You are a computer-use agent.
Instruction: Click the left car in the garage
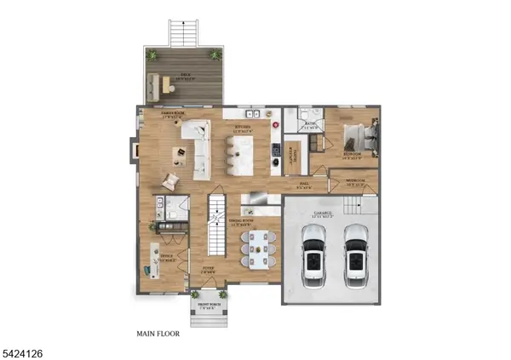pyautogui.click(x=314, y=258)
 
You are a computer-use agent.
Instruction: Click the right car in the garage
pyautogui.click(x=355, y=258)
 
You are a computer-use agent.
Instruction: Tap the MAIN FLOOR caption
pyautogui.click(x=158, y=334)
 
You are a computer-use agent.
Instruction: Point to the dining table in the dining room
pyautogui.click(x=258, y=248)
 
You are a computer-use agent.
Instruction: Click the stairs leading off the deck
pyautogui.click(x=182, y=33)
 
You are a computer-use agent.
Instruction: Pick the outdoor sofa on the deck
pyautogui.click(x=157, y=83)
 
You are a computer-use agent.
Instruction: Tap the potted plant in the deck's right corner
pyautogui.click(x=216, y=54)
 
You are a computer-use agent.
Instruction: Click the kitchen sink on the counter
pyautogui.click(x=253, y=113)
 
